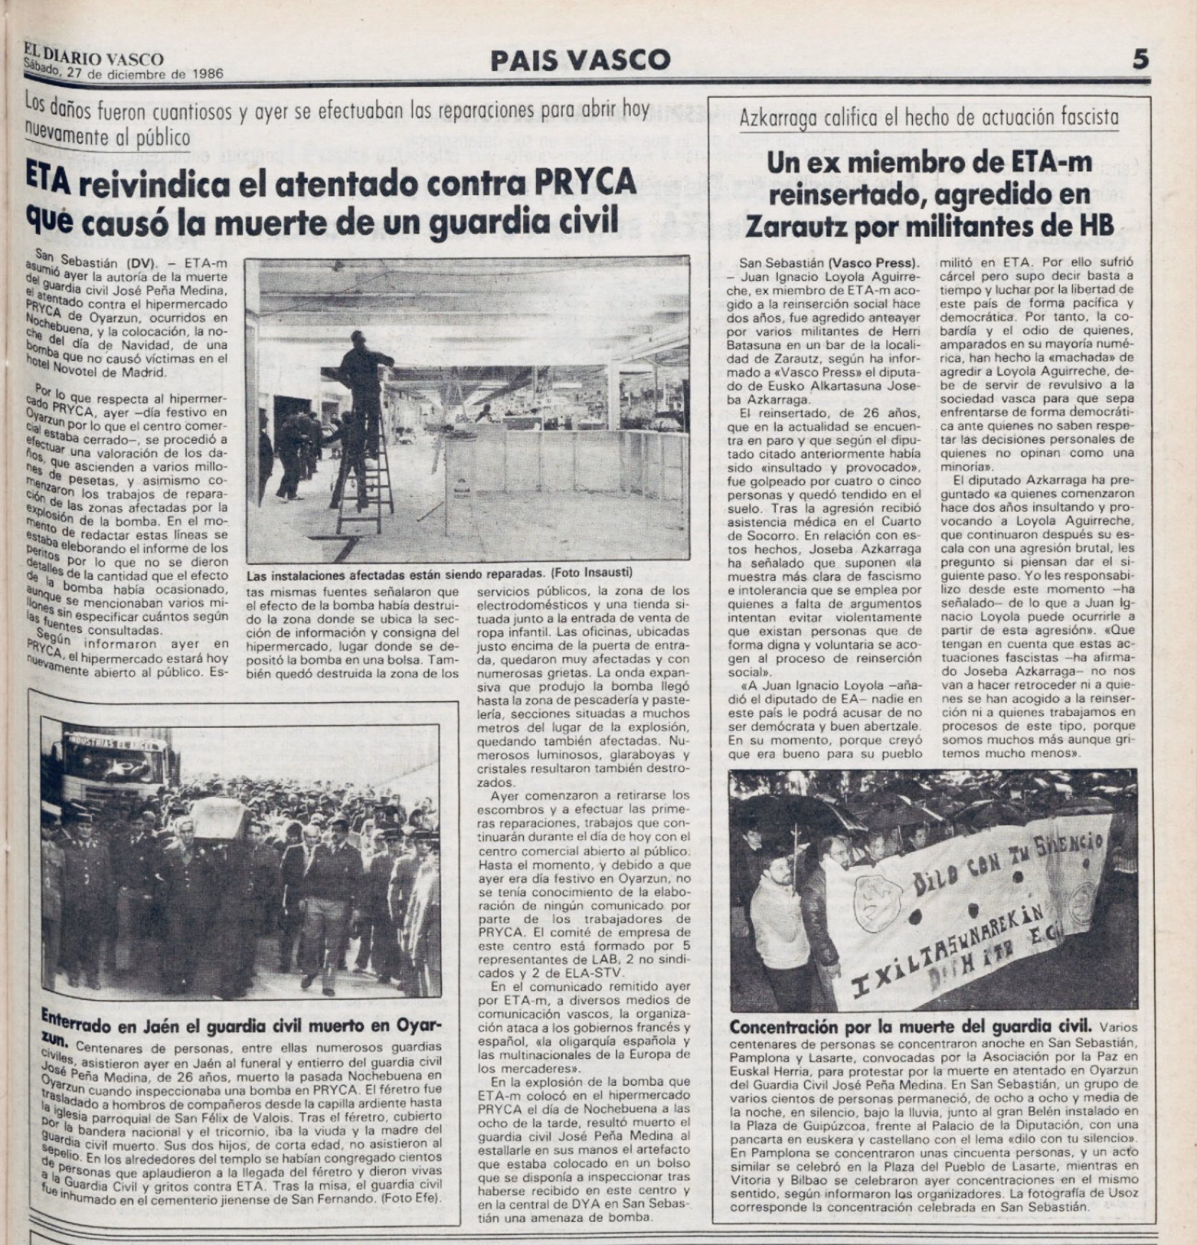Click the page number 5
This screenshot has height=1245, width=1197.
[x=1140, y=59]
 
